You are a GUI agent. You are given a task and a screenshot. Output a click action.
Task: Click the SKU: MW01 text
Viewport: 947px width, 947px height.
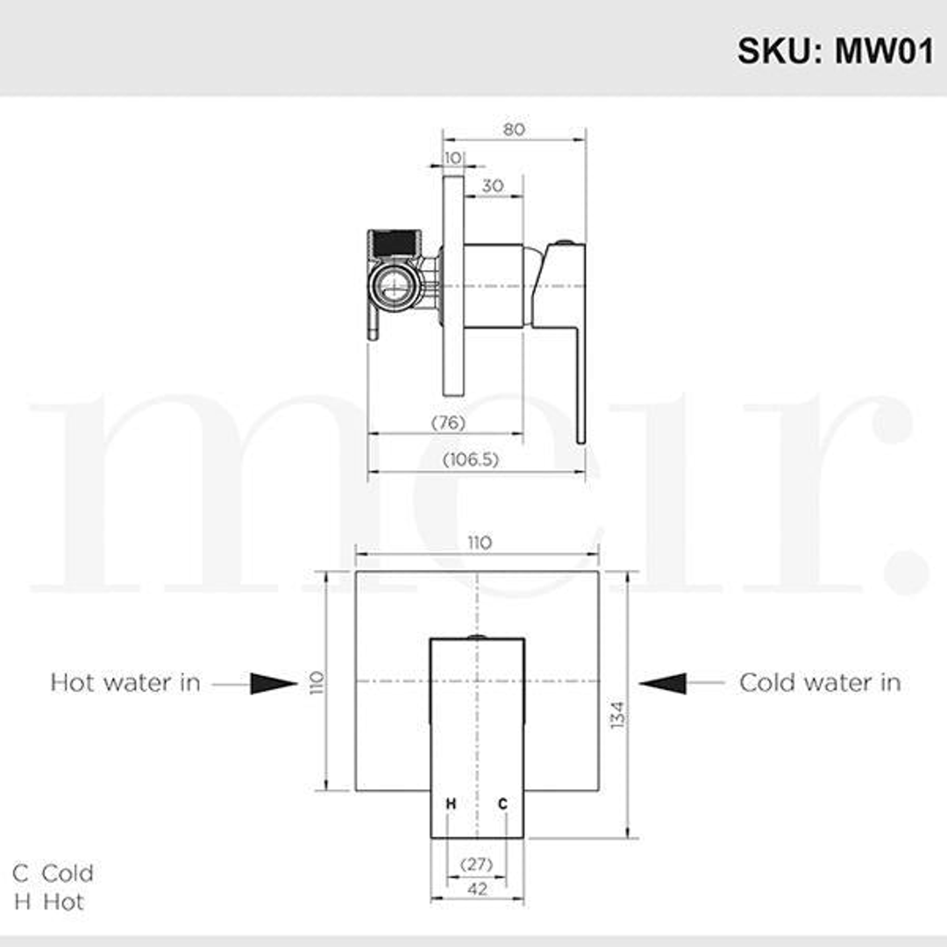[x=835, y=50]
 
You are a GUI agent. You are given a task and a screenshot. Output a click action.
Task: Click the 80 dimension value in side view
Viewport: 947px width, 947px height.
[x=514, y=129]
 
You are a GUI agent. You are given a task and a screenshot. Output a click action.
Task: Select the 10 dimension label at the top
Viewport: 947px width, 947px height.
[x=452, y=157]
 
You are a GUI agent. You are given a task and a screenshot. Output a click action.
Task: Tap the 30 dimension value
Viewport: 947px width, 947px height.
[x=493, y=186]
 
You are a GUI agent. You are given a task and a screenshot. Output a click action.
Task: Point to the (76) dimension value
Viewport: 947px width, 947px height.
[x=448, y=423]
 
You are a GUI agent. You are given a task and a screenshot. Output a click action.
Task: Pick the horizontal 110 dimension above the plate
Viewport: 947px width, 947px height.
[x=479, y=543]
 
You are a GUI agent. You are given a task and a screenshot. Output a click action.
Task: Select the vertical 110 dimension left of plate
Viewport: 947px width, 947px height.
[x=317, y=681]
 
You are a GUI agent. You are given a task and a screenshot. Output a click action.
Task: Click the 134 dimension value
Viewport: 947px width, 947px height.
[x=617, y=716]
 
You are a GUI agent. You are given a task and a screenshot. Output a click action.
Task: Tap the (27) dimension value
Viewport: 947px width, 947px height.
[x=476, y=864]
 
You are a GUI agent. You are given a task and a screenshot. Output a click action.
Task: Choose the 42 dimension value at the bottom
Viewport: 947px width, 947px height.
[x=478, y=889]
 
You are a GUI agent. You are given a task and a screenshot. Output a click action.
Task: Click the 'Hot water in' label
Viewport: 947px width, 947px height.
[x=125, y=682]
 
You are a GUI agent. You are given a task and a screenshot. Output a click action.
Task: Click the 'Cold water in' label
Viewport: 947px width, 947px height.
[x=820, y=682]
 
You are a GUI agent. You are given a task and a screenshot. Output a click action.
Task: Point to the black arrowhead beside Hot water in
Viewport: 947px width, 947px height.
[x=274, y=683]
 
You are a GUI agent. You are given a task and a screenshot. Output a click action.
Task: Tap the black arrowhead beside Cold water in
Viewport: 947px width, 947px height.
[x=663, y=683]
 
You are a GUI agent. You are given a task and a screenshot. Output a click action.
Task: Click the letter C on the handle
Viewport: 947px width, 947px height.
[x=503, y=803]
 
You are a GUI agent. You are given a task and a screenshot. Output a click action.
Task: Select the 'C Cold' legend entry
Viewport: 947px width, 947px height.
[x=53, y=873]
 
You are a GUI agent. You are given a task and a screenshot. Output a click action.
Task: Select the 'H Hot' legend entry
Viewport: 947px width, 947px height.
[x=49, y=901]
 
